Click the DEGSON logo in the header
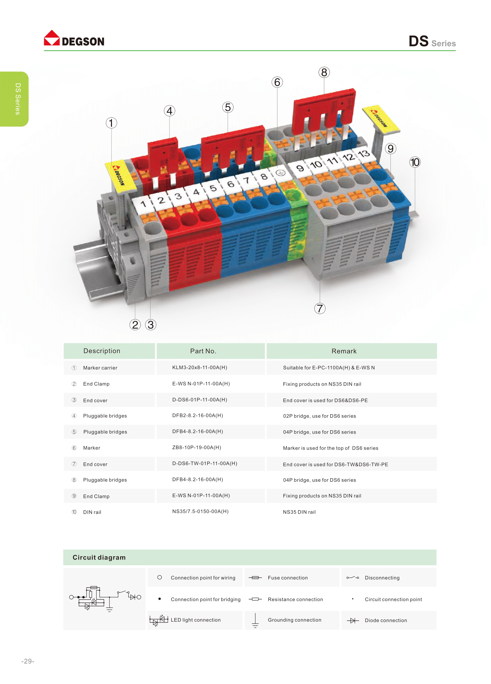[74, 38]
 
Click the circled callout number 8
[324, 73]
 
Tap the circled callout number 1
[111, 123]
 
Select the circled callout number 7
[320, 308]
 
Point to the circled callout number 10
[415, 162]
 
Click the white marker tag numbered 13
[364, 154]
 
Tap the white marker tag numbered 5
[213, 188]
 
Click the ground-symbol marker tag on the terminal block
[281, 173]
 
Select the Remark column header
[344, 351]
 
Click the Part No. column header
[203, 351]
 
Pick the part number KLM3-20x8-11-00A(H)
[200, 367]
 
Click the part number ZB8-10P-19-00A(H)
[197, 447]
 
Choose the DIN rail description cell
[92, 512]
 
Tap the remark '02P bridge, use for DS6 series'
[319, 416]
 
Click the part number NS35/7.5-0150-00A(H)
[200, 511]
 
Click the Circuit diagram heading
[99, 557]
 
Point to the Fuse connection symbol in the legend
[255, 577]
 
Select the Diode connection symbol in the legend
[353, 620]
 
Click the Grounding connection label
[294, 620]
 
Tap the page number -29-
[28, 661]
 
